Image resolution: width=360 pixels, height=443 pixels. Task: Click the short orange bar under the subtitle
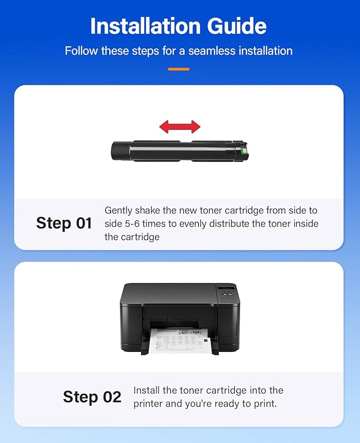coord(179,69)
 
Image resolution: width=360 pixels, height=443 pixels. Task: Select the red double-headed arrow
coord(180,127)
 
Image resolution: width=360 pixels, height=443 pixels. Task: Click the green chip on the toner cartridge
coord(243,150)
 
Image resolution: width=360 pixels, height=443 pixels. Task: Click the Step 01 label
coord(64,223)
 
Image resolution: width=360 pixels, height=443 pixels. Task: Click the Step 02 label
coord(92,397)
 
